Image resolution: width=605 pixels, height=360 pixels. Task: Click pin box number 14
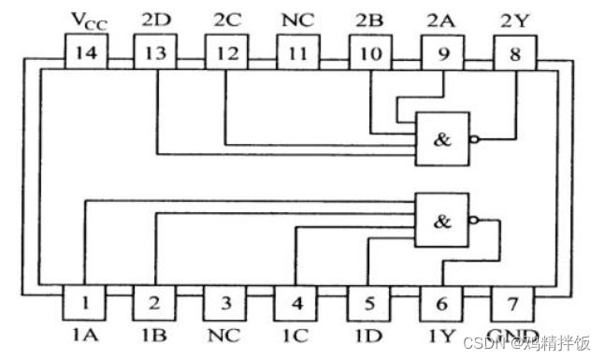(86, 53)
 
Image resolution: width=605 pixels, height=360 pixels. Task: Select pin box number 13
(156, 53)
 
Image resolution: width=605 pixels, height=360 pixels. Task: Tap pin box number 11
(296, 53)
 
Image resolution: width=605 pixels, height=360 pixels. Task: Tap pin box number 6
(441, 303)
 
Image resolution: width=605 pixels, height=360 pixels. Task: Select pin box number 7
(513, 303)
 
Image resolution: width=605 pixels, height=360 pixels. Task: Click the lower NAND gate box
(442, 221)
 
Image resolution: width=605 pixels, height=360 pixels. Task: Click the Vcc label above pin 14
(87, 19)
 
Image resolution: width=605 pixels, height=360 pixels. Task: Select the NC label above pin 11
(297, 19)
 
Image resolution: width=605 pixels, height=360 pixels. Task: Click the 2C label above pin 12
(227, 19)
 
